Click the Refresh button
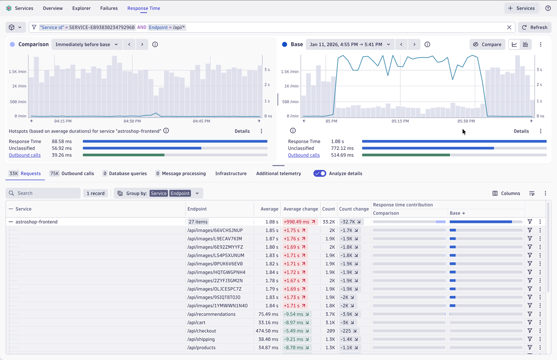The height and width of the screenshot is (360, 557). coord(535,27)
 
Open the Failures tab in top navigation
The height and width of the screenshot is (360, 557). coord(109,8)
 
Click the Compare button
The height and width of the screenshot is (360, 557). coord(487,44)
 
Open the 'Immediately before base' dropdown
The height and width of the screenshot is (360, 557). coord(86,44)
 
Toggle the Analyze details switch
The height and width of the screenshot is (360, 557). coord(320,173)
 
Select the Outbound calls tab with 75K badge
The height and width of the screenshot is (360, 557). coord(72,173)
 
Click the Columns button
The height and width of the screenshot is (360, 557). coord(506,193)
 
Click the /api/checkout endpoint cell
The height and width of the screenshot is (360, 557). coord(201,331)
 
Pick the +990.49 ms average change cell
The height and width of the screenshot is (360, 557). coord(300,222)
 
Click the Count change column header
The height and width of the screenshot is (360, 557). coord(353,209)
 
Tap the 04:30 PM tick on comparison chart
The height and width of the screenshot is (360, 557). coord(132,121)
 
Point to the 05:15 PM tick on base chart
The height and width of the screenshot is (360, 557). coord(400,121)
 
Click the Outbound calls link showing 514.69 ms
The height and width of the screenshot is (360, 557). coord(304,155)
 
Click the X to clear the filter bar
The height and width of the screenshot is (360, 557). coord(509,27)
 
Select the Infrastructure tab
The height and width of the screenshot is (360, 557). coord(231,173)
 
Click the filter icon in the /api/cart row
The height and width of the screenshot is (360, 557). coord(530,322)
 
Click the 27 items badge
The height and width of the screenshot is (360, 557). coord(198,222)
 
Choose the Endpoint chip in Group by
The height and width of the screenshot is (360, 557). coord(180,193)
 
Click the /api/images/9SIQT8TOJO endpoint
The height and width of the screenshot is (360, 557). coord(213,297)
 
